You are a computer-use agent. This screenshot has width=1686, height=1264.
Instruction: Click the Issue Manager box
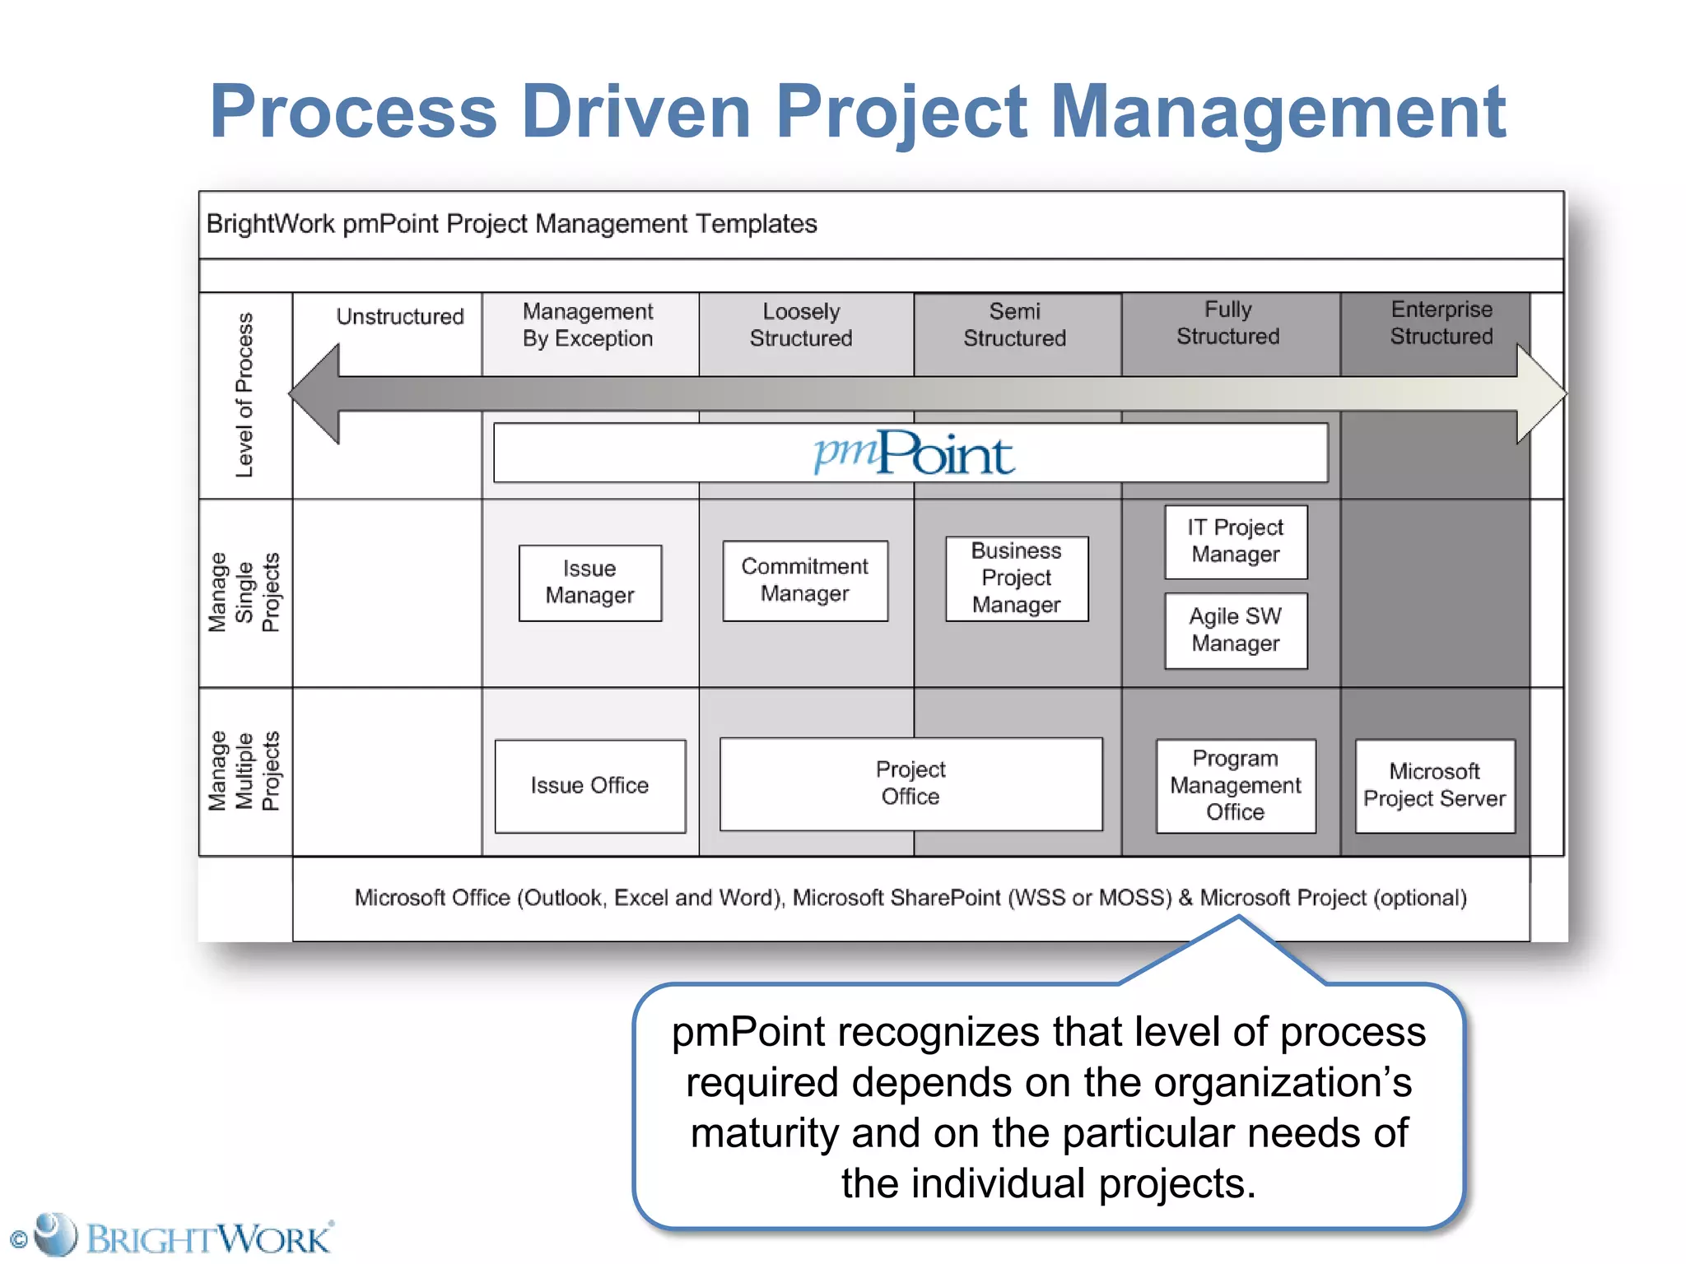[589, 583]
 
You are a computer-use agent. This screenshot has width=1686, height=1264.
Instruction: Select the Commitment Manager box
[804, 580]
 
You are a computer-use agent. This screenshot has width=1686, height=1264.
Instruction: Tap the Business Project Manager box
[1016, 579]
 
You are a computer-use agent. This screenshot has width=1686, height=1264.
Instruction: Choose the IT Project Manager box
[1235, 541]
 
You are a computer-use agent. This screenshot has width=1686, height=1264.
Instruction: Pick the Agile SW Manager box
[1235, 630]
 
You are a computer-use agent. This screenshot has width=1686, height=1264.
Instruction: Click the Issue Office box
[589, 786]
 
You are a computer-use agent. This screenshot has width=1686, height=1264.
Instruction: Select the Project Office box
[911, 783]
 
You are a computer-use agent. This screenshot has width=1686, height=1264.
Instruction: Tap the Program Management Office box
[1235, 786]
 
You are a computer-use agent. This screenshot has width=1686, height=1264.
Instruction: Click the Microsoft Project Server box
[1434, 786]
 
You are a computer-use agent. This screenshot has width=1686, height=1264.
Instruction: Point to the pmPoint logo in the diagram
[914, 453]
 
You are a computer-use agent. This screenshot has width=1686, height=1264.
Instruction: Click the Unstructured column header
[400, 317]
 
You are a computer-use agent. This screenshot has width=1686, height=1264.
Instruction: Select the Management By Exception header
[588, 325]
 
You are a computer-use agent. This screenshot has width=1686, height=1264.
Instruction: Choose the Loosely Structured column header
[801, 325]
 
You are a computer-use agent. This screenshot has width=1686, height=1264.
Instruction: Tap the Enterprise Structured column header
[1441, 323]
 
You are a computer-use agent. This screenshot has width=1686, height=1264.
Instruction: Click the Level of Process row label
[245, 395]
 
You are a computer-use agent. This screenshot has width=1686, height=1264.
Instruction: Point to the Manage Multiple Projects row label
[245, 771]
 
